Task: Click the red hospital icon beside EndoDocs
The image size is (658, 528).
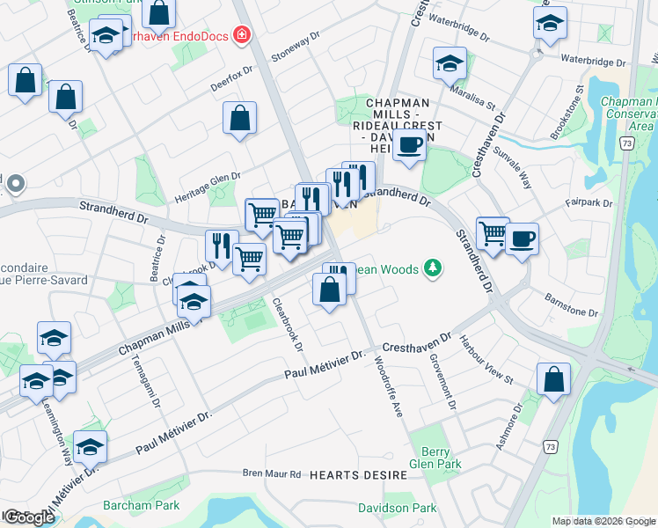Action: (241, 37)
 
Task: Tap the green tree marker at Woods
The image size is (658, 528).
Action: (431, 267)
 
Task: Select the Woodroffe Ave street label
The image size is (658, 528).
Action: (387, 386)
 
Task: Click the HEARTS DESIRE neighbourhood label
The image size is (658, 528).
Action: (357, 475)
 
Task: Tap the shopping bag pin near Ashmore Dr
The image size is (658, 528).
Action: (553, 379)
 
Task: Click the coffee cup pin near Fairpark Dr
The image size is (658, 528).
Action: (522, 238)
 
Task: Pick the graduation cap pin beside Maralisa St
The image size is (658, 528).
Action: (449, 62)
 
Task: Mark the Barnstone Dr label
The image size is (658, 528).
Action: (571, 305)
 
